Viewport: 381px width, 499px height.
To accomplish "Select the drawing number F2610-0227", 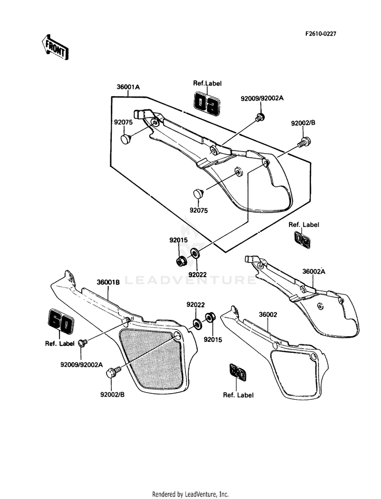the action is point(321,34).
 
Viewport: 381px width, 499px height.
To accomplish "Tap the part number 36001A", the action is point(128,86).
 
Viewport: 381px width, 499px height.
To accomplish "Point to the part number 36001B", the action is point(108,282).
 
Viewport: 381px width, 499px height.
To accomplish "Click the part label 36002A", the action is point(313,272).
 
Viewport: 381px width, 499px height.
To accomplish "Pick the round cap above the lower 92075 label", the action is point(199,193).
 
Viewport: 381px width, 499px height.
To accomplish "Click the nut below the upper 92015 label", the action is point(181,260).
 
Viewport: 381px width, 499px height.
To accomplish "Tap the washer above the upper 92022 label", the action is point(195,254).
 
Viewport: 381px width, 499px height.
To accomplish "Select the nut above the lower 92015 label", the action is point(209,317).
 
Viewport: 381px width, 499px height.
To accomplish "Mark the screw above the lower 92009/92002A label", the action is point(83,343).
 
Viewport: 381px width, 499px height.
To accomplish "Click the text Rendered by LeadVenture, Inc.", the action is point(190,494).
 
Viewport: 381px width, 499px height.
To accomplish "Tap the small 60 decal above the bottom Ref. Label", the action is point(238,373).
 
